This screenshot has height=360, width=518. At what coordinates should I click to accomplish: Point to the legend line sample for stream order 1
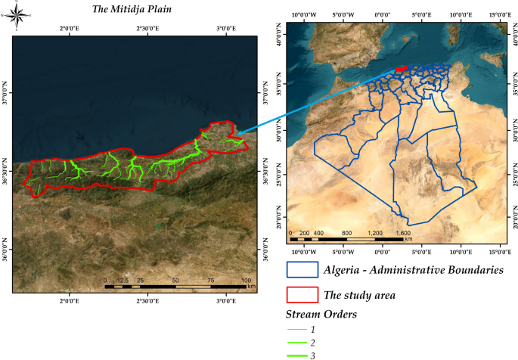tap(299, 330)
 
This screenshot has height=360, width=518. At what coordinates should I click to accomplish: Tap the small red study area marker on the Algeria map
tap(401, 69)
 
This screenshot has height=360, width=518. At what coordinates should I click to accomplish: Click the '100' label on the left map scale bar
tap(245, 281)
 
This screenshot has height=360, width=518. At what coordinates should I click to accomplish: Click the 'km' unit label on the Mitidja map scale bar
tap(251, 288)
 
